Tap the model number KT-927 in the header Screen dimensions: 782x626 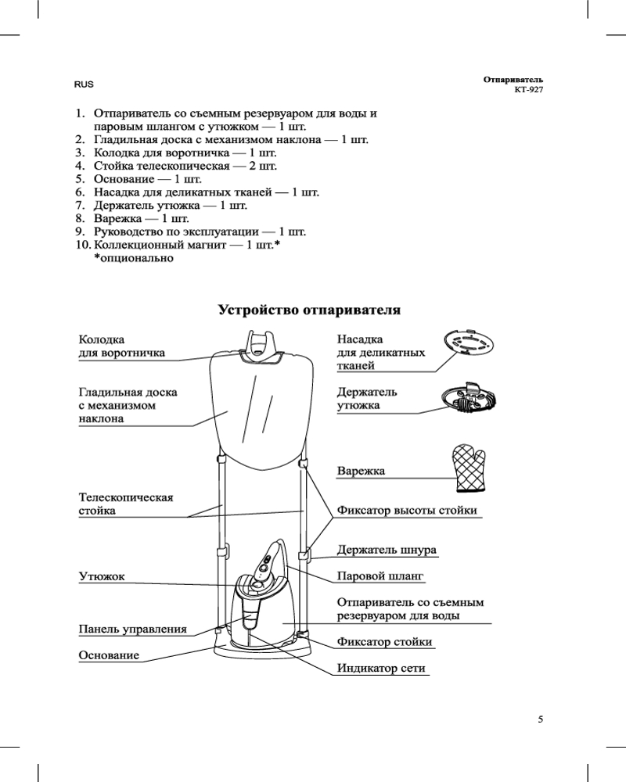point(528,90)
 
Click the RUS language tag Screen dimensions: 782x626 point(84,84)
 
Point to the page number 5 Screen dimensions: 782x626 point(541,719)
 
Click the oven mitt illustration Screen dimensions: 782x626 point(469,468)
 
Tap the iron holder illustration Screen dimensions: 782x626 point(469,398)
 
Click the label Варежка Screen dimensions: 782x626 point(362,472)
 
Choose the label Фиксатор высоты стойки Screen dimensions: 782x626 point(406,511)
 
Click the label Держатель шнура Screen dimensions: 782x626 point(387,550)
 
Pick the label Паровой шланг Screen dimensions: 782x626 point(380,576)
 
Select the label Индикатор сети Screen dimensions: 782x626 point(381,669)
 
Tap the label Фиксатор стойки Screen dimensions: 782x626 point(384,642)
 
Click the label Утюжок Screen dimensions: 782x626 point(102,576)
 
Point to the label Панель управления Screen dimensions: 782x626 point(132,628)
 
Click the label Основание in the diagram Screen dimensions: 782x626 point(109,655)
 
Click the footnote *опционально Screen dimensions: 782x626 point(133,258)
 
